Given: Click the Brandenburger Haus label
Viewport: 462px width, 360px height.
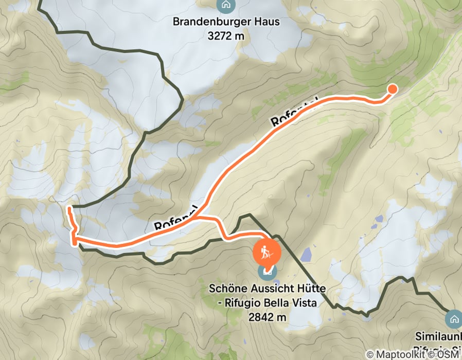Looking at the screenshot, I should [x=226, y=22].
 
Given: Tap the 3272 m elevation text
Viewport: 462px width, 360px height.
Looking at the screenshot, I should [x=226, y=36].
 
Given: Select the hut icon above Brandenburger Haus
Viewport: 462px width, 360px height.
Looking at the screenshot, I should [x=225, y=6].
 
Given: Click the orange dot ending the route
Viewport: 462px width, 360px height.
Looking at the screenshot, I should [x=392, y=89].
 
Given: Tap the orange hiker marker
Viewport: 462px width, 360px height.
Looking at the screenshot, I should [x=267, y=253].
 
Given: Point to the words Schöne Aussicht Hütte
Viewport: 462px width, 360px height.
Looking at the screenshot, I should [x=267, y=288].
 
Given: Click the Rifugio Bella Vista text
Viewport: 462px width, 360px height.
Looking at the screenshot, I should [x=271, y=303].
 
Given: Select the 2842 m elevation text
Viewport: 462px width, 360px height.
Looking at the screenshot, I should [x=267, y=318].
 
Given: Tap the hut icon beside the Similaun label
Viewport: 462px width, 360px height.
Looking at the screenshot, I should [x=454, y=319].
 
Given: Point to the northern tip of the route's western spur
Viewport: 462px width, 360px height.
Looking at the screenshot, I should [x=68, y=208].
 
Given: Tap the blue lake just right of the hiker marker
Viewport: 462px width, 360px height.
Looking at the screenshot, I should [x=306, y=254].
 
